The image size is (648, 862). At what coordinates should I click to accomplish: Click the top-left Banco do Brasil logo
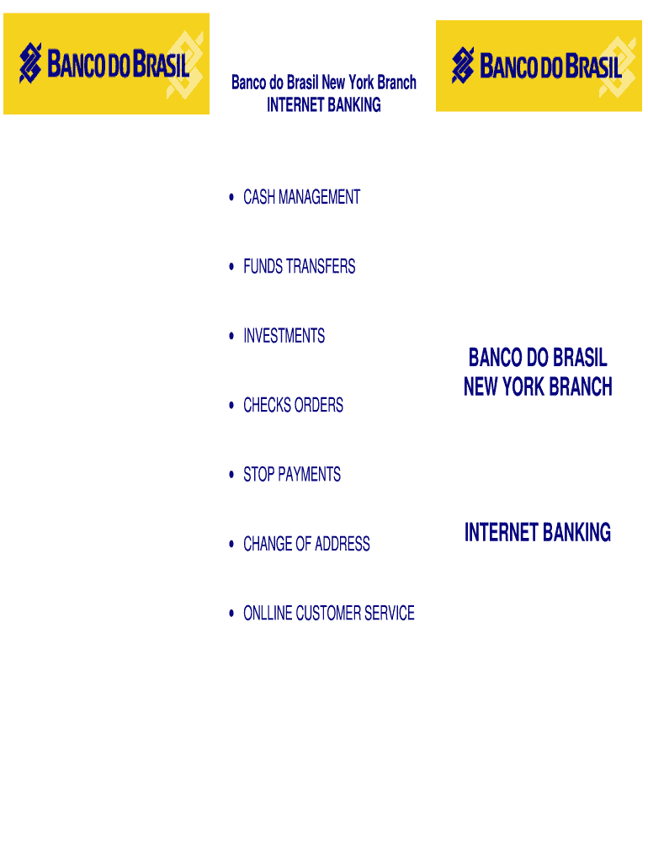106,64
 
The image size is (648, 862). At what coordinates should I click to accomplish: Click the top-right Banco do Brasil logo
539,66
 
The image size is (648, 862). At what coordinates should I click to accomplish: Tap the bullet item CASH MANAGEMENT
301,198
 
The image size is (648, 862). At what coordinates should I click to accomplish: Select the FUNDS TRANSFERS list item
299,267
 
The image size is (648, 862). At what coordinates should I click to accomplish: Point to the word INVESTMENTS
284,337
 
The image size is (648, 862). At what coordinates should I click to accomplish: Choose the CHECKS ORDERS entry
293,406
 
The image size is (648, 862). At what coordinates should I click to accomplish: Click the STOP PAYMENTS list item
292,475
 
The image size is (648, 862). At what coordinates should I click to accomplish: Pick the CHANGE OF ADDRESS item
306,545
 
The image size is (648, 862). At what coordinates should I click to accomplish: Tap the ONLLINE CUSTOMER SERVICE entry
328,614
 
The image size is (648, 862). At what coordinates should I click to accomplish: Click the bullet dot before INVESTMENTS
231,337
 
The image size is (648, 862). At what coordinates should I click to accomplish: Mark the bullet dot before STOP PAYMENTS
231,475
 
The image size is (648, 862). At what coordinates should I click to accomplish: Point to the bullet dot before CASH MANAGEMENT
231,198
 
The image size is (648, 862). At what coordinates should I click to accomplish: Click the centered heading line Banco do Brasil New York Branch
324,83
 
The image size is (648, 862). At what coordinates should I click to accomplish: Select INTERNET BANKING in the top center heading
324,105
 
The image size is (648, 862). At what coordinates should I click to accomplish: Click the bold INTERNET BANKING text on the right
538,533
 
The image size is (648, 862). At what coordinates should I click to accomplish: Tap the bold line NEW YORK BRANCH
538,387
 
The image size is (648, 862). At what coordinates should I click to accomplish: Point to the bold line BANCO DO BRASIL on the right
538,359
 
